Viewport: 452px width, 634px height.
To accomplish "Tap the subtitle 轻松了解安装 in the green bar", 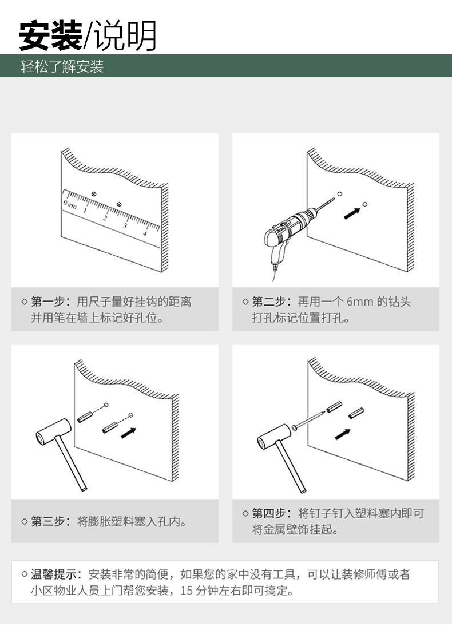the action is (62, 67).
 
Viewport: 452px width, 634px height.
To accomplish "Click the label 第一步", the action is (49, 302).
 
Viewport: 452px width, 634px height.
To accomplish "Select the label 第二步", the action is (270, 302).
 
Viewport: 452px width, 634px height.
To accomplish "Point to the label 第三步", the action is (49, 521).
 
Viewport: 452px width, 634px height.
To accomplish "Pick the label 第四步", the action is (270, 513).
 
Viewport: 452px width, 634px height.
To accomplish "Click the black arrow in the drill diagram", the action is (352, 212).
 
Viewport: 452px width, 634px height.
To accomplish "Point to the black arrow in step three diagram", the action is (129, 433).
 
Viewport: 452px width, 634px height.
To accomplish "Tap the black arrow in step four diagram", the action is (343, 433).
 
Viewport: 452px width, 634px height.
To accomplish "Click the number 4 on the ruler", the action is (144, 232).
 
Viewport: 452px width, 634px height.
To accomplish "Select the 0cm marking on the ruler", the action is (70, 204).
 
